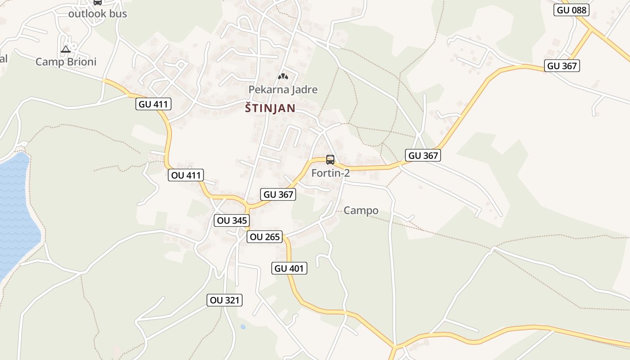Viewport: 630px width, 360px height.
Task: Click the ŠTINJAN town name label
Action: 270,108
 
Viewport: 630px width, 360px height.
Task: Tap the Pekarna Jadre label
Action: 283,90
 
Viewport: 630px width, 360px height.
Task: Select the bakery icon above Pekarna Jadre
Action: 283,76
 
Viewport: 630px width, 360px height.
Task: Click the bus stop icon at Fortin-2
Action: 330,159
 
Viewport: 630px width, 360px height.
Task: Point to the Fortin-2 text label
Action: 331,173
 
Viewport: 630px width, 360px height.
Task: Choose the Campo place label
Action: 361,210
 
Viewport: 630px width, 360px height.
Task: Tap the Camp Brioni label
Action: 66,62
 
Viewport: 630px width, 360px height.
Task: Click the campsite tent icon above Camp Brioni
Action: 66,49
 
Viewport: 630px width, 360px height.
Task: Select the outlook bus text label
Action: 98,13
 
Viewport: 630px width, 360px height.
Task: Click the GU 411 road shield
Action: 153,104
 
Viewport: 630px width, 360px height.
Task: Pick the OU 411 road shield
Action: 186,175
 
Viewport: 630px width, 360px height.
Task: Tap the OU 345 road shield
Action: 232,220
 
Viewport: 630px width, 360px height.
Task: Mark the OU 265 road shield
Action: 265,237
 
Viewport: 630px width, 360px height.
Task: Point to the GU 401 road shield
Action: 290,269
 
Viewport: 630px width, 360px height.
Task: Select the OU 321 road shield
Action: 225,300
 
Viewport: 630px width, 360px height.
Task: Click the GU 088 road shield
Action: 572,10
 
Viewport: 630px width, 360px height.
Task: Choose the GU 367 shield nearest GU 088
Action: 562,66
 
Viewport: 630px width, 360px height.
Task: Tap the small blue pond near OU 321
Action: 243,327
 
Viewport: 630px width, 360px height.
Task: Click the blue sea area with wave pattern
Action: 16,211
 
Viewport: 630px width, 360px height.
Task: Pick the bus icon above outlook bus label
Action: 98,2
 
